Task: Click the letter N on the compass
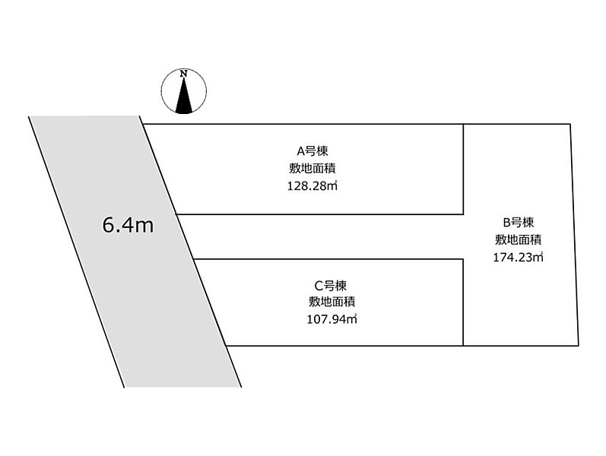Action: click(184, 74)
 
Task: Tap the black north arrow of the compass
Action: click(183, 96)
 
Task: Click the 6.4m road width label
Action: click(128, 225)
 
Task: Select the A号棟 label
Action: click(313, 150)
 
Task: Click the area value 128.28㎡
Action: click(313, 186)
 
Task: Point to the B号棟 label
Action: click(519, 222)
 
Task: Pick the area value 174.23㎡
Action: click(519, 258)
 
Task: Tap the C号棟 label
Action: click(331, 286)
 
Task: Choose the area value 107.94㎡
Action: click(332, 319)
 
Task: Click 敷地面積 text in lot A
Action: click(313, 169)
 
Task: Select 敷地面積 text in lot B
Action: click(519, 239)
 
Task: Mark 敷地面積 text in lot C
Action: click(332, 302)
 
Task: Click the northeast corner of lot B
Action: click(570, 124)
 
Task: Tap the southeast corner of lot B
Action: click(579, 346)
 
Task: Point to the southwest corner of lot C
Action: click(226, 346)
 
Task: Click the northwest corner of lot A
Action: click(144, 124)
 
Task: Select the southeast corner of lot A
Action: click(463, 214)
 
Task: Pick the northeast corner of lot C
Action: click(463, 259)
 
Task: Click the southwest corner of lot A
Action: click(176, 214)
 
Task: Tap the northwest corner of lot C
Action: click(194, 259)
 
